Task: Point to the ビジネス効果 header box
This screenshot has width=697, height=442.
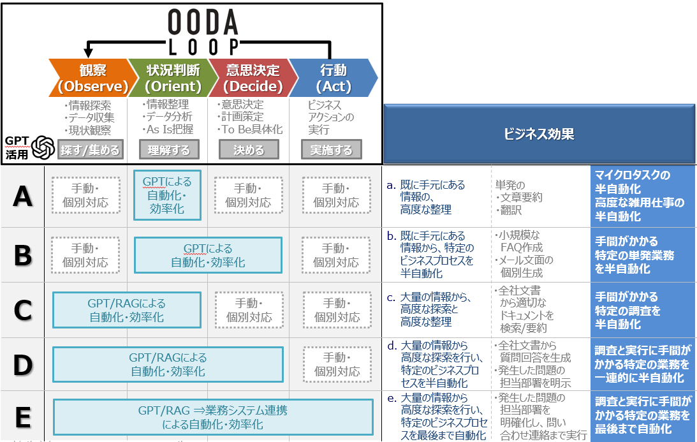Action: point(539,134)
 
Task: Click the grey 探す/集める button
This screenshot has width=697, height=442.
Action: point(89,151)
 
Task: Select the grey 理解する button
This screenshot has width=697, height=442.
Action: point(168,151)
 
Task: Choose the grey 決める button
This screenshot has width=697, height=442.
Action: point(249,151)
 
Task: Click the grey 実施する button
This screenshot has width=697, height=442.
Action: point(331,151)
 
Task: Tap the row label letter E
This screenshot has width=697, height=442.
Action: point(23,418)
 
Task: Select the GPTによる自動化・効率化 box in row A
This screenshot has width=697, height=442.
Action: point(168,195)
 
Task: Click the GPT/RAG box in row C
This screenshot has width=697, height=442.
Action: point(126,310)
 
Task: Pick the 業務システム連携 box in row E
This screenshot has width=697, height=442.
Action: point(213,417)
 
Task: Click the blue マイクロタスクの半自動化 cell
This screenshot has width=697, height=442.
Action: point(642,196)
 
